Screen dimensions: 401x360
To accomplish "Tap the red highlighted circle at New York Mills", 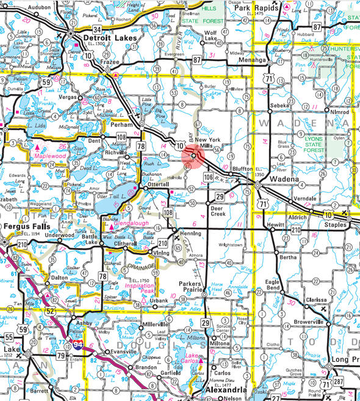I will [x=193, y=156].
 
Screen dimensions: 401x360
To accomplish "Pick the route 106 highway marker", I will [x=207, y=177].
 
